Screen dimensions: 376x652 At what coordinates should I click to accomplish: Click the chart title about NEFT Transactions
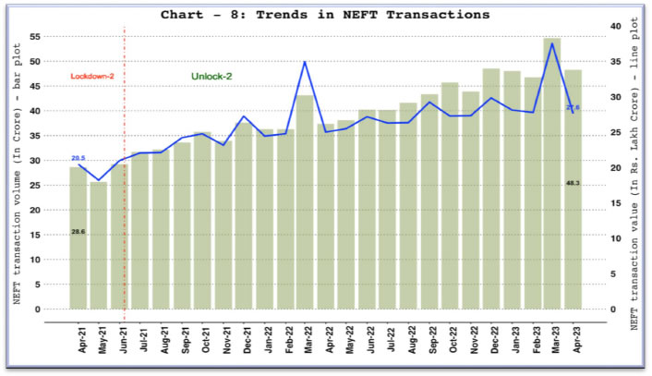[325, 15]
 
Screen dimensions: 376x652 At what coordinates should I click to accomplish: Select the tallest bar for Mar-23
[552, 176]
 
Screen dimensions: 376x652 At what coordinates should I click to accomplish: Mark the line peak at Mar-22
[305, 62]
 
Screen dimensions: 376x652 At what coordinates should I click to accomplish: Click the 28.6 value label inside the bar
[78, 232]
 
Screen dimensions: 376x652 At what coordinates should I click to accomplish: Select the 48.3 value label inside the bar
[573, 183]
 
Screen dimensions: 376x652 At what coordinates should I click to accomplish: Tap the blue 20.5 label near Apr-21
[78, 159]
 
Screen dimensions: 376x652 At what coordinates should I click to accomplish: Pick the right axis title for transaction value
[635, 176]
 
